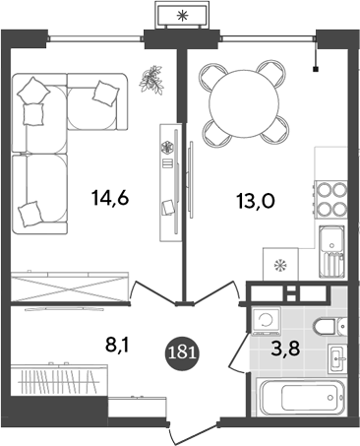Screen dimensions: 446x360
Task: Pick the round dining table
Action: [242, 101]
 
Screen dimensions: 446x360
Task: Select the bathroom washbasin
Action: [335, 359]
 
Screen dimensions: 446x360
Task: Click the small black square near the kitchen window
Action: [316, 70]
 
